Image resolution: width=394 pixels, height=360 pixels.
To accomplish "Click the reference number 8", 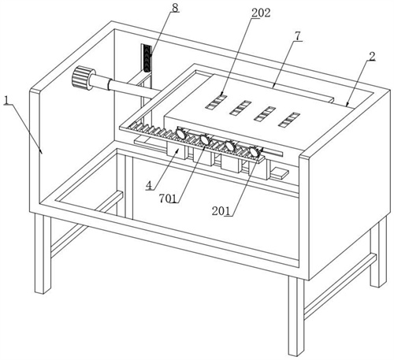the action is [175, 8].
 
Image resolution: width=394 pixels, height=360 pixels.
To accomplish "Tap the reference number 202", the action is [261, 13].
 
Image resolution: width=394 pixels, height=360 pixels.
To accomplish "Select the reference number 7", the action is [298, 36].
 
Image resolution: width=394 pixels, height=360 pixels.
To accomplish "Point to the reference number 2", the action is [372, 57].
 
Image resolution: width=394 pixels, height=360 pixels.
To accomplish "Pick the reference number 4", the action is [149, 185].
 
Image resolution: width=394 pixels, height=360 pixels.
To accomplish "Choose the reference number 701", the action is [168, 198].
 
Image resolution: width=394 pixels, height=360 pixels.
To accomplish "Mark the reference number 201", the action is [221, 211].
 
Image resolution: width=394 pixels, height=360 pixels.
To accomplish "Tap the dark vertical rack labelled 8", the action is [147, 58].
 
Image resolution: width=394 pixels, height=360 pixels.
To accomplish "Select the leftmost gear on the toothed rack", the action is [181, 133].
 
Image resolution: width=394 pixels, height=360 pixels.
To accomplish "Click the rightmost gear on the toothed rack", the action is [255, 152].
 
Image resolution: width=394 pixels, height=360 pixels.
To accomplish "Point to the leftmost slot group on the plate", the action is [216, 102].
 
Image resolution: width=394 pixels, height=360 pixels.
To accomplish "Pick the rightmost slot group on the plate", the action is [289, 120].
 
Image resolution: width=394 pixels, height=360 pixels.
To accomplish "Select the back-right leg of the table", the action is [378, 252].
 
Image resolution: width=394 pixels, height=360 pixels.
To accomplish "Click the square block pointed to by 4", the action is [177, 151].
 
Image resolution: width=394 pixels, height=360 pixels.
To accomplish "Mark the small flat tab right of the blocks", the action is [280, 173].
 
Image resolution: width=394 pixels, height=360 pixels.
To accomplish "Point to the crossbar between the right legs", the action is [340, 286].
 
